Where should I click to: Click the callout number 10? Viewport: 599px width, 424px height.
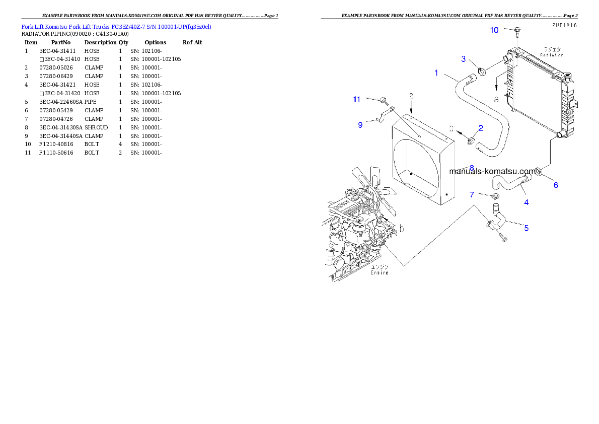pos(494,30)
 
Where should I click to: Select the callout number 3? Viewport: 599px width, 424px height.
pos(464,59)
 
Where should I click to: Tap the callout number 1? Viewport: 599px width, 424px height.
pos(436,73)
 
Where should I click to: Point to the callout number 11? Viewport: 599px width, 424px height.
pos(356,100)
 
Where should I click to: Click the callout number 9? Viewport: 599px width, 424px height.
pos(360,125)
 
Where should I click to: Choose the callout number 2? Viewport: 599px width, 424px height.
pos(481,128)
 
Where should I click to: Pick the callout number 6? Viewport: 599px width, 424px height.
pos(556,185)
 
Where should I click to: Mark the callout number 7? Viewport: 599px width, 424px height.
pos(472,195)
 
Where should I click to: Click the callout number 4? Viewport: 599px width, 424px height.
pos(527,202)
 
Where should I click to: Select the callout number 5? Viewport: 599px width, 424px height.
pos(527,228)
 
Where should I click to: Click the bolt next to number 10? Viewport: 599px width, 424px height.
pos(516,32)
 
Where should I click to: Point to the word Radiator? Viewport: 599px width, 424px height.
pos(552,55)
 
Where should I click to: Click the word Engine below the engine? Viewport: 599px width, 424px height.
pos(380,273)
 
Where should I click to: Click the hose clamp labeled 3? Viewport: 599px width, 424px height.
pos(482,70)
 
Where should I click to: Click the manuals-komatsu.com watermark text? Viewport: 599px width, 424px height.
pos(492,171)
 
